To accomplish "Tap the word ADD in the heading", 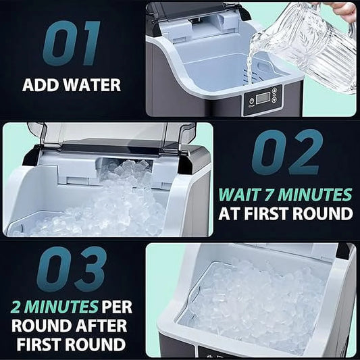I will (x=38, y=86).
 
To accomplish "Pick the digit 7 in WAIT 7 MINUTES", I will (x=273, y=196).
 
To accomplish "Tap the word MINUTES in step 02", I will (x=317, y=196).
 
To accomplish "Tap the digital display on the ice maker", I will (x=261, y=97).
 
